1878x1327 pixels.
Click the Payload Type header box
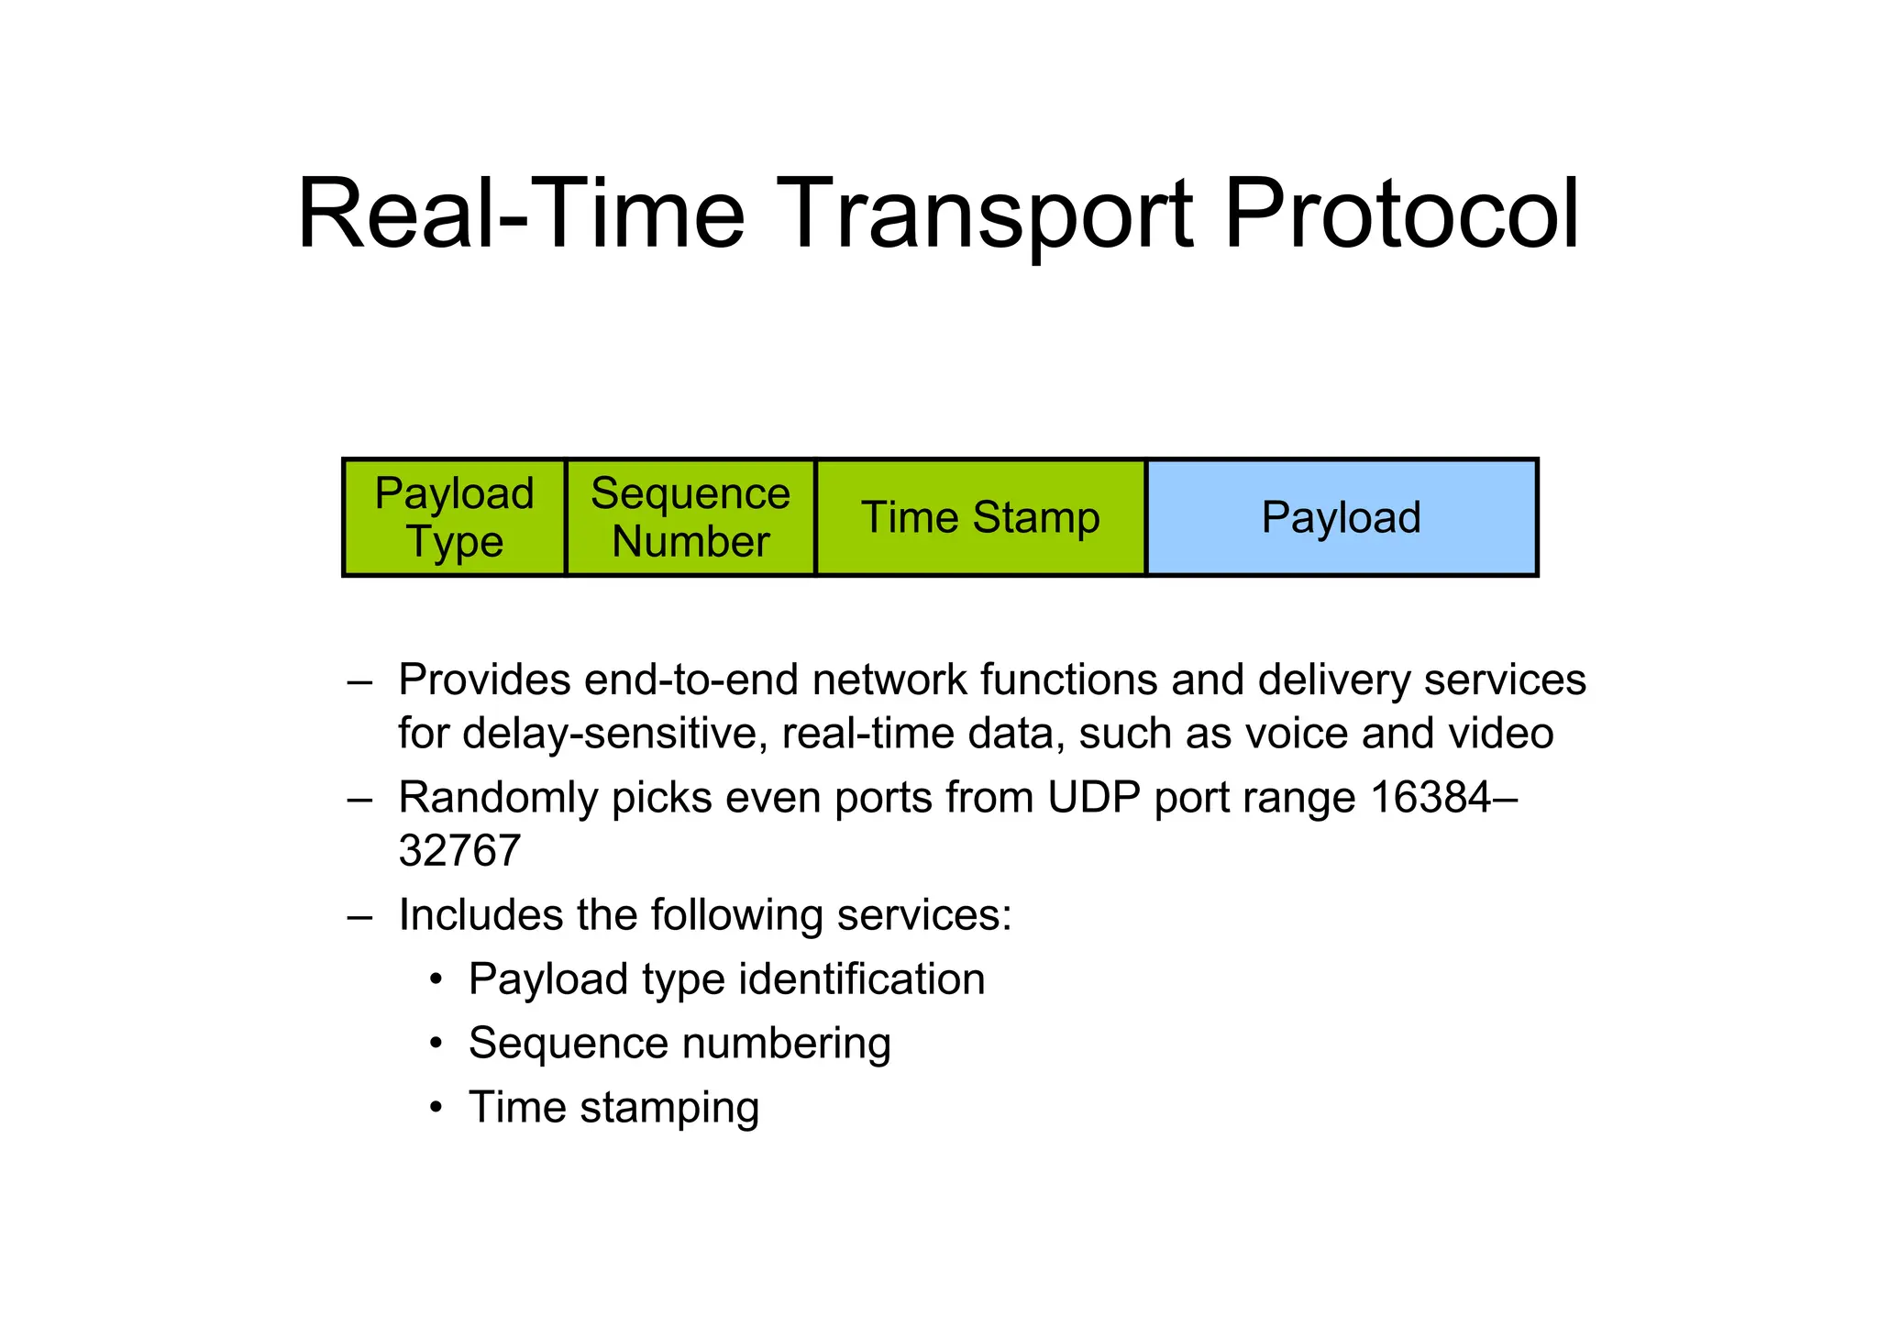[x=454, y=517]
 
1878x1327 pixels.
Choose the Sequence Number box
[x=690, y=517]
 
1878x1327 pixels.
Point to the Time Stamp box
[x=980, y=517]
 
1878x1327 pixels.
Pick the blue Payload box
[x=1342, y=517]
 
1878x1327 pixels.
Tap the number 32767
[x=459, y=850]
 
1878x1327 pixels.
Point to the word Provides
[x=483, y=680]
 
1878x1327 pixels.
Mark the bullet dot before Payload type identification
[x=437, y=979]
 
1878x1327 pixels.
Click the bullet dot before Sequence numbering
[x=437, y=1044]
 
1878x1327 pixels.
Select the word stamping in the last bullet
[x=669, y=1108]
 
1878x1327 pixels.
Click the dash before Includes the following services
[x=359, y=915]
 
